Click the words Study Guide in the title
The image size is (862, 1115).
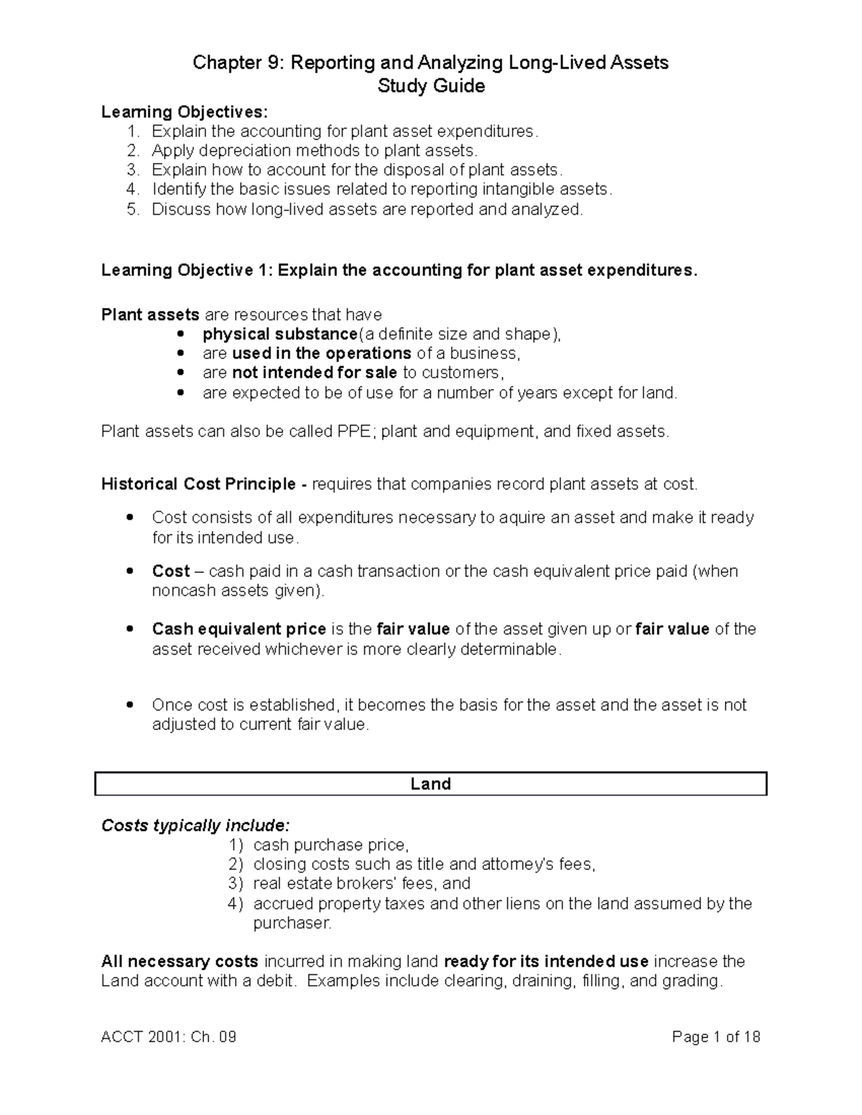pyautogui.click(x=431, y=86)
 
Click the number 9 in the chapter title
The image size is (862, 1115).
pyautogui.click(x=274, y=63)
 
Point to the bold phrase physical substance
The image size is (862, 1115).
pyautogui.click(x=279, y=335)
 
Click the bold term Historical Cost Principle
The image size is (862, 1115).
pyautogui.click(x=198, y=485)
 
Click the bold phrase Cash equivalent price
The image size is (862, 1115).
pyautogui.click(x=238, y=630)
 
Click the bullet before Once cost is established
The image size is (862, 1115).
pyautogui.click(x=129, y=705)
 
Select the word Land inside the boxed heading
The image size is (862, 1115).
pyautogui.click(x=430, y=784)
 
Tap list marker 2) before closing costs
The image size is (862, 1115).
pyautogui.click(x=236, y=864)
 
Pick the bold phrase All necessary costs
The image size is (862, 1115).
pyautogui.click(x=180, y=961)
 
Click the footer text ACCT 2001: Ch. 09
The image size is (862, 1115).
pyautogui.click(x=169, y=1037)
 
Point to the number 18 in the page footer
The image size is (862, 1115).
pyautogui.click(x=751, y=1037)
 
